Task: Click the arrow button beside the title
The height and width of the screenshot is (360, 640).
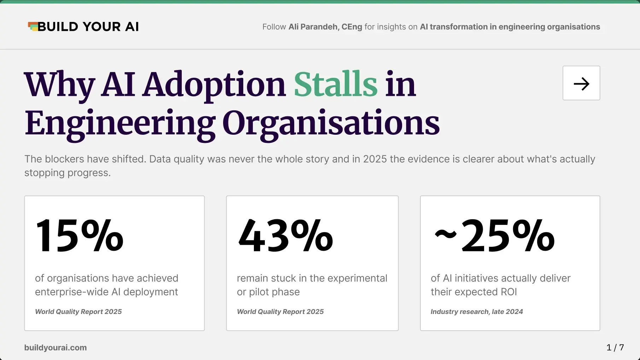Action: pos(581,83)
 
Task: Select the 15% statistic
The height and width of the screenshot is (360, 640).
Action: pos(79,236)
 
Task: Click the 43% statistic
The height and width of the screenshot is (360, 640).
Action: pos(286,236)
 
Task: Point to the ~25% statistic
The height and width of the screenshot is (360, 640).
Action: pos(494,236)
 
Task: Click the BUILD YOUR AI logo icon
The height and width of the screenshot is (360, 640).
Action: pos(33,27)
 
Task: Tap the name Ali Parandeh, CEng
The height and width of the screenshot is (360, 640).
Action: pos(325,27)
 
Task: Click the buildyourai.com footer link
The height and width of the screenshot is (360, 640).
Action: pos(56,348)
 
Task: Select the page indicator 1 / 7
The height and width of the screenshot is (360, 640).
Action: pos(615,348)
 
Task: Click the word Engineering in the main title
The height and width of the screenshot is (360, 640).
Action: pos(120,124)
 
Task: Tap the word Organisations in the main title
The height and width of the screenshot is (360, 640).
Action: pos(331,124)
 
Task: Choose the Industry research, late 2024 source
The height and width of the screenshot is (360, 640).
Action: pos(477,312)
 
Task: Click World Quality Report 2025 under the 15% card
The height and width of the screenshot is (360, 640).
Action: pos(78,312)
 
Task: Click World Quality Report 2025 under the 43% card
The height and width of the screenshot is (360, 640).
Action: pos(280,312)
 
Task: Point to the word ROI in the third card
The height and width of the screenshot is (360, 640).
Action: pos(509,292)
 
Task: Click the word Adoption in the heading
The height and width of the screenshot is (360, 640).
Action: pos(214,85)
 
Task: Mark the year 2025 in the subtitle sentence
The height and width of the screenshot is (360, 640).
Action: pos(375,159)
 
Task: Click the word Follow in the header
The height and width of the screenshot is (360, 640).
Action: pos(274,27)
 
